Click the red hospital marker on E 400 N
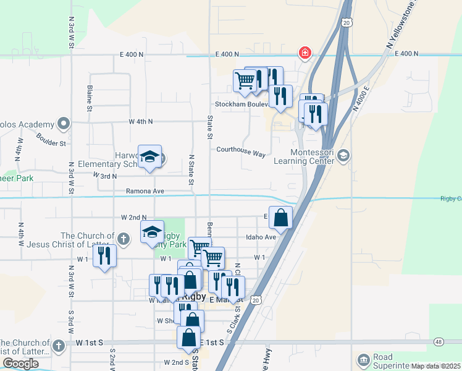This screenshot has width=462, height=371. pyautogui.click(x=304, y=53)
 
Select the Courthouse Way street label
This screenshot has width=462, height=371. pyautogui.click(x=240, y=150)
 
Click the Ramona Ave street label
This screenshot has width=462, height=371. pyautogui.click(x=145, y=191)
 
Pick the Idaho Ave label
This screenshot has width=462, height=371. pyautogui.click(x=261, y=237)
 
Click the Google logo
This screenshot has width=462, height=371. pyautogui.click(x=20, y=363)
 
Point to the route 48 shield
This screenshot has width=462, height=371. pyautogui.click(x=439, y=341)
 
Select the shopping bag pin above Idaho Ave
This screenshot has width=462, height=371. pyautogui.click(x=280, y=218)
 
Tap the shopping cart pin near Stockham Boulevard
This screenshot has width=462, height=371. pyautogui.click(x=245, y=81)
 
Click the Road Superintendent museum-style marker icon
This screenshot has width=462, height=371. pyautogui.click(x=363, y=359)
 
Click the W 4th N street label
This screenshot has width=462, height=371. pyautogui.click(x=141, y=121)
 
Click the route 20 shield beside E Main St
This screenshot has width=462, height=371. pyautogui.click(x=256, y=299)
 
